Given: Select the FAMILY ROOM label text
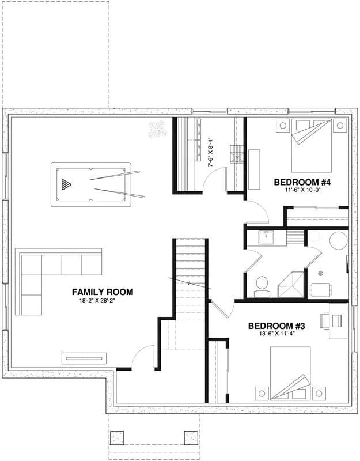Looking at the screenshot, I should coord(103,292).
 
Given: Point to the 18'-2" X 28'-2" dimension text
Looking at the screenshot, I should coord(103,301).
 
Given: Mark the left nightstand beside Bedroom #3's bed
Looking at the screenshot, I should coord(262,393).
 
